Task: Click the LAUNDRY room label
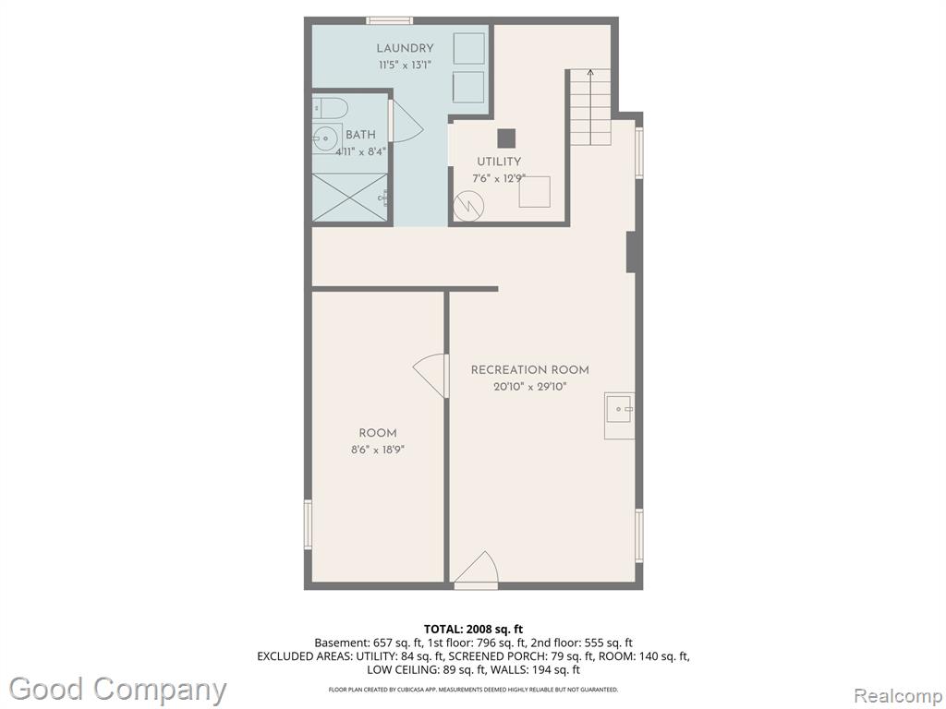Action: pos(405,48)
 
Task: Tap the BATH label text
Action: pos(360,135)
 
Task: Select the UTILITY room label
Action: pos(499,162)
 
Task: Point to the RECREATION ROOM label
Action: pos(529,370)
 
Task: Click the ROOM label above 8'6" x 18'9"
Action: pos(378,433)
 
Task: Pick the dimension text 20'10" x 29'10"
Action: pos(529,387)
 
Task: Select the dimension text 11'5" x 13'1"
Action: pos(405,66)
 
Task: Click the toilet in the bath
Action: pos(330,108)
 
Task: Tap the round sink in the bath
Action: pos(326,139)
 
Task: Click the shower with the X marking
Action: pos(350,198)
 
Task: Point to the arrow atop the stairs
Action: pos(590,74)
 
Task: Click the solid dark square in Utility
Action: pos(506,138)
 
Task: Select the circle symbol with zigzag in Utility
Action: pos(468,206)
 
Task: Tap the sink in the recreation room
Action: pos(620,416)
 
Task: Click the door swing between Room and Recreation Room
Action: pos(431,377)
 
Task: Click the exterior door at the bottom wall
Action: pos(476,570)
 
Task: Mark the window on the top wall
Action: pos(390,21)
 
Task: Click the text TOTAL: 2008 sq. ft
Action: pos(474,630)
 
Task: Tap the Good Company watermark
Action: pos(117,689)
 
